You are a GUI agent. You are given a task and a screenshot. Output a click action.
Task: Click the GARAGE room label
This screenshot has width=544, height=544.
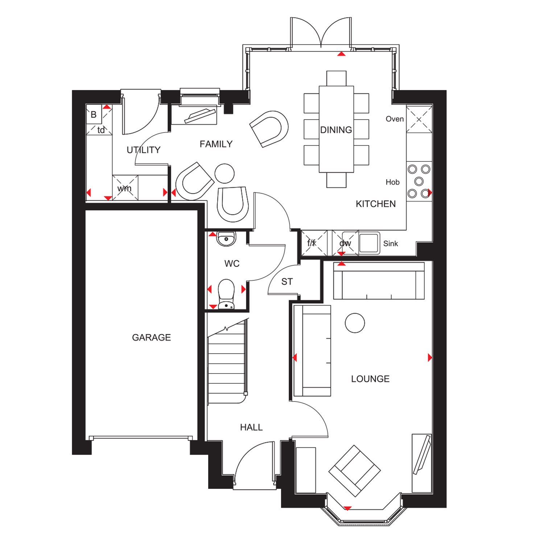coord(151,338)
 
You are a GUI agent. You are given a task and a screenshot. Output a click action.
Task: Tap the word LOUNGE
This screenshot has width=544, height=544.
coord(370,379)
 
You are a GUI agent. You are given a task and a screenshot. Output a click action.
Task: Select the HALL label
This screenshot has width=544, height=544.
coord(251,428)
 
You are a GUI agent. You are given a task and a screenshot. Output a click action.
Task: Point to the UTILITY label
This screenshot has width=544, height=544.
coord(144,150)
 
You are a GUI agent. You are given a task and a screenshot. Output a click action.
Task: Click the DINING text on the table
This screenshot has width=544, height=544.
coord(336,130)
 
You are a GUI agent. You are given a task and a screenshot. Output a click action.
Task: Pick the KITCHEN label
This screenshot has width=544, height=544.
coord(376,204)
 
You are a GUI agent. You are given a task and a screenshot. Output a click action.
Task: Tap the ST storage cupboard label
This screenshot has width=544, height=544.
coord(287,282)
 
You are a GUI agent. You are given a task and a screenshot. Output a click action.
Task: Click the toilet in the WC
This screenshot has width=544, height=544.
coord(226,294)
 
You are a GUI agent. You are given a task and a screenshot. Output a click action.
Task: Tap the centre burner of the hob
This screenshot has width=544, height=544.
coord(419,181)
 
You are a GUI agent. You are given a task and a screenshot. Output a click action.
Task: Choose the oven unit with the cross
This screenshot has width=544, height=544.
coord(419,119)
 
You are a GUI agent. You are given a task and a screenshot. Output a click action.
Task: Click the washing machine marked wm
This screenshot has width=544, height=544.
coord(125,188)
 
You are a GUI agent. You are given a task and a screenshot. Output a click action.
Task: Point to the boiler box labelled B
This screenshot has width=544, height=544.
coord(94,115)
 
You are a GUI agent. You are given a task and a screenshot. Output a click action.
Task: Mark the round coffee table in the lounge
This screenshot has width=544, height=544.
coord(355,323)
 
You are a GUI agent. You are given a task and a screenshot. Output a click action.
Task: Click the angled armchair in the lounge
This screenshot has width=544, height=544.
coord(355,471)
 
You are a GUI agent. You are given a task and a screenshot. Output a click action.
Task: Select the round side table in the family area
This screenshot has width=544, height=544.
coord(224,173)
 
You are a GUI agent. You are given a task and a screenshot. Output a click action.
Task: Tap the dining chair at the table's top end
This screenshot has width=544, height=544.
coord(336,78)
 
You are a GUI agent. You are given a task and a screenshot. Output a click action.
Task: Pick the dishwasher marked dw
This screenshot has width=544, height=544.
coord(345,243)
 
